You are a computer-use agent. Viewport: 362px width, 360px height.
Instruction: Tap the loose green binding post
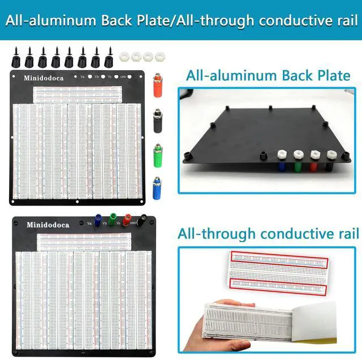point(158,154)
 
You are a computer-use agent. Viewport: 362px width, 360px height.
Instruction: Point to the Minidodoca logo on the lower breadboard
point(48,225)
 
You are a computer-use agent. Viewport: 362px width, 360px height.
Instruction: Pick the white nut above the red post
point(314,153)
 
